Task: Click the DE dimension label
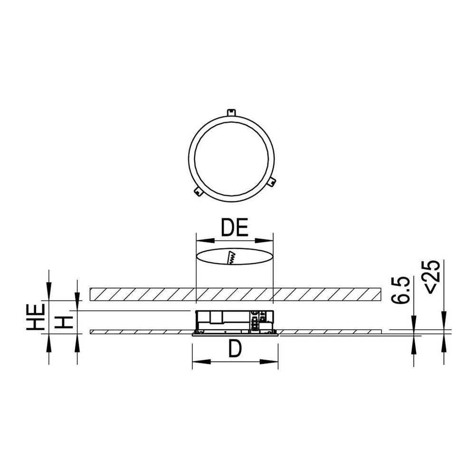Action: (x=235, y=228)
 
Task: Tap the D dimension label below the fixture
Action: (x=235, y=350)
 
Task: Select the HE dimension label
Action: (x=35, y=317)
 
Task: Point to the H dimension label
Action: (x=64, y=322)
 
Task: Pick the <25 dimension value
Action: (x=432, y=277)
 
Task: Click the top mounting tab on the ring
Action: (x=231, y=113)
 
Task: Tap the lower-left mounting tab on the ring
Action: (x=199, y=191)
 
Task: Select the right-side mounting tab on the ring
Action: (x=271, y=181)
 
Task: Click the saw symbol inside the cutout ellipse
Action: (x=232, y=257)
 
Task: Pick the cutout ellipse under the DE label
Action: (x=209, y=256)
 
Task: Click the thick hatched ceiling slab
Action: (x=142, y=294)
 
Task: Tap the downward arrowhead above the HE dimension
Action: (x=48, y=292)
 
